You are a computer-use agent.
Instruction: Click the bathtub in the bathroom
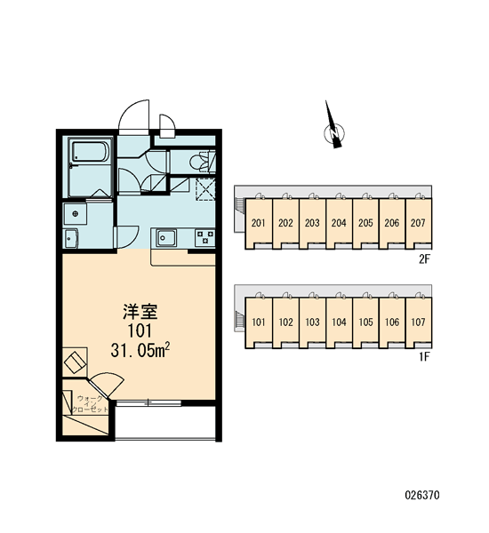pos(90,151)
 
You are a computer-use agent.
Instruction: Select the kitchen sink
pos(166,237)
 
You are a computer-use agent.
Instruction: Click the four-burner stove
pos(204,237)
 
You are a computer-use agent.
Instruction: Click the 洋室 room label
pos(140,312)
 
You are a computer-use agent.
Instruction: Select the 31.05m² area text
pos(140,350)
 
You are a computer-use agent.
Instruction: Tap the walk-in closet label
pos(90,404)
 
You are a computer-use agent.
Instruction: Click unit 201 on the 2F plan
pos(259,223)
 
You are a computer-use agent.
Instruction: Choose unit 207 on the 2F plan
pos(418,223)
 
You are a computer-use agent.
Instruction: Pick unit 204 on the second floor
pos(339,223)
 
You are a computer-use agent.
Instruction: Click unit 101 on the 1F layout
pos(259,322)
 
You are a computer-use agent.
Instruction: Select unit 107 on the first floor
pos(418,322)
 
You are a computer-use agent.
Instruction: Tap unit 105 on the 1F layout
pos(365,322)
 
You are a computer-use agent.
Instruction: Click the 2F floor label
pos(425,259)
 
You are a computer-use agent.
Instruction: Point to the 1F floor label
pos(425,357)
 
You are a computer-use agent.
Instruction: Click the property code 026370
pos(422,495)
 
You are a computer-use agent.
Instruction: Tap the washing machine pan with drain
pos(76,213)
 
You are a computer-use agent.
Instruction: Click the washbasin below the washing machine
pos(71,238)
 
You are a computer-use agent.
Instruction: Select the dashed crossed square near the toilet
pos(205,189)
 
